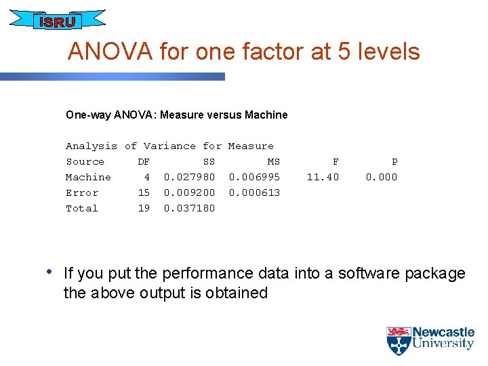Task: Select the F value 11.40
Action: tap(323, 178)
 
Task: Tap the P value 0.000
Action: tap(382, 178)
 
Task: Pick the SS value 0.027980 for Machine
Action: tap(189, 178)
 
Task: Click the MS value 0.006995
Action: tap(254, 178)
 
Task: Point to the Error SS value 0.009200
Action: tap(189, 193)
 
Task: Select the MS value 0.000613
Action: tap(254, 193)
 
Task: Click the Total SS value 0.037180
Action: tap(189, 209)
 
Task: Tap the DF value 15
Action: tap(144, 193)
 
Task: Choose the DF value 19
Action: tap(144, 209)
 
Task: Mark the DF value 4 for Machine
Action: tap(146, 178)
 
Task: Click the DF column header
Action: tap(144, 162)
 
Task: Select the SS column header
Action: tap(209, 162)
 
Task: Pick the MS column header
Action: tap(274, 162)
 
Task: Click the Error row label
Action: tap(82, 193)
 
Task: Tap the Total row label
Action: tap(82, 209)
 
